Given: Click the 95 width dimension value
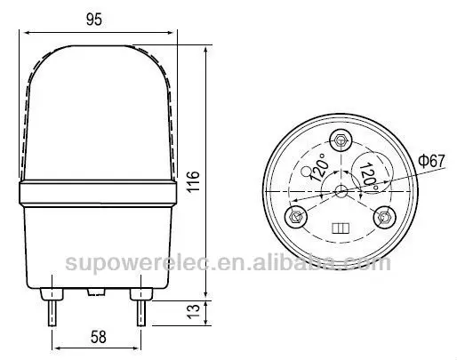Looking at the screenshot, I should [95, 16].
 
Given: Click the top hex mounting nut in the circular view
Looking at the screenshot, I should [341, 140].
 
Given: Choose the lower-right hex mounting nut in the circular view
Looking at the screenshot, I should [385, 216].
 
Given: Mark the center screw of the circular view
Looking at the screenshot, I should [341, 191].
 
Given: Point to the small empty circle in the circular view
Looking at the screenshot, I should [309, 168].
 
